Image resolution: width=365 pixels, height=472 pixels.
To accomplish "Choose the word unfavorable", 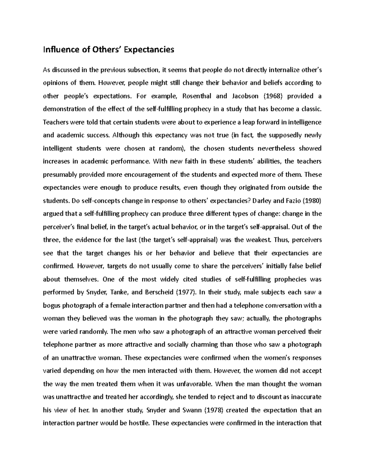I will coord(195,384).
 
